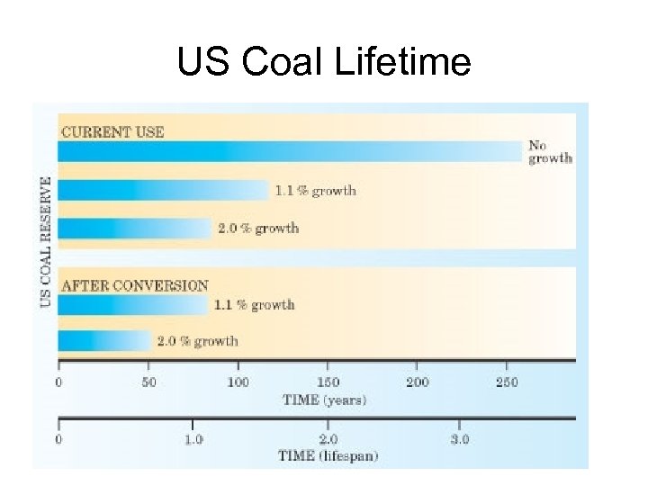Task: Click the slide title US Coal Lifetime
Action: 323,62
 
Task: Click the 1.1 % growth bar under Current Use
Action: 163,190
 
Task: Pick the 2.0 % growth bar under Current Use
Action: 134,228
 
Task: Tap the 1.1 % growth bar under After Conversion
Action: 132,305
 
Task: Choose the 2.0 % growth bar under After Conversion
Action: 103,341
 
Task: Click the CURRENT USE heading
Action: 112,131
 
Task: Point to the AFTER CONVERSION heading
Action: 134,285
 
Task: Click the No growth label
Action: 549,151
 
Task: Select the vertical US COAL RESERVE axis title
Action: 46,241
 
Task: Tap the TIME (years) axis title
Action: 324,399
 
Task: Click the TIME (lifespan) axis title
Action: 328,455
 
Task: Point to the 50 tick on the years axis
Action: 148,382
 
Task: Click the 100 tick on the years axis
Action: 238,382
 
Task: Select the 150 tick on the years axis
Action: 327,382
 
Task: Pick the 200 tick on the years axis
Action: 417,382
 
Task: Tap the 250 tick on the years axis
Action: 506,382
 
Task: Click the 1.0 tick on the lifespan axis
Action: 193,439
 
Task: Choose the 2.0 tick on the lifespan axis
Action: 327,439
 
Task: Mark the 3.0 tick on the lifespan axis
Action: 459,439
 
